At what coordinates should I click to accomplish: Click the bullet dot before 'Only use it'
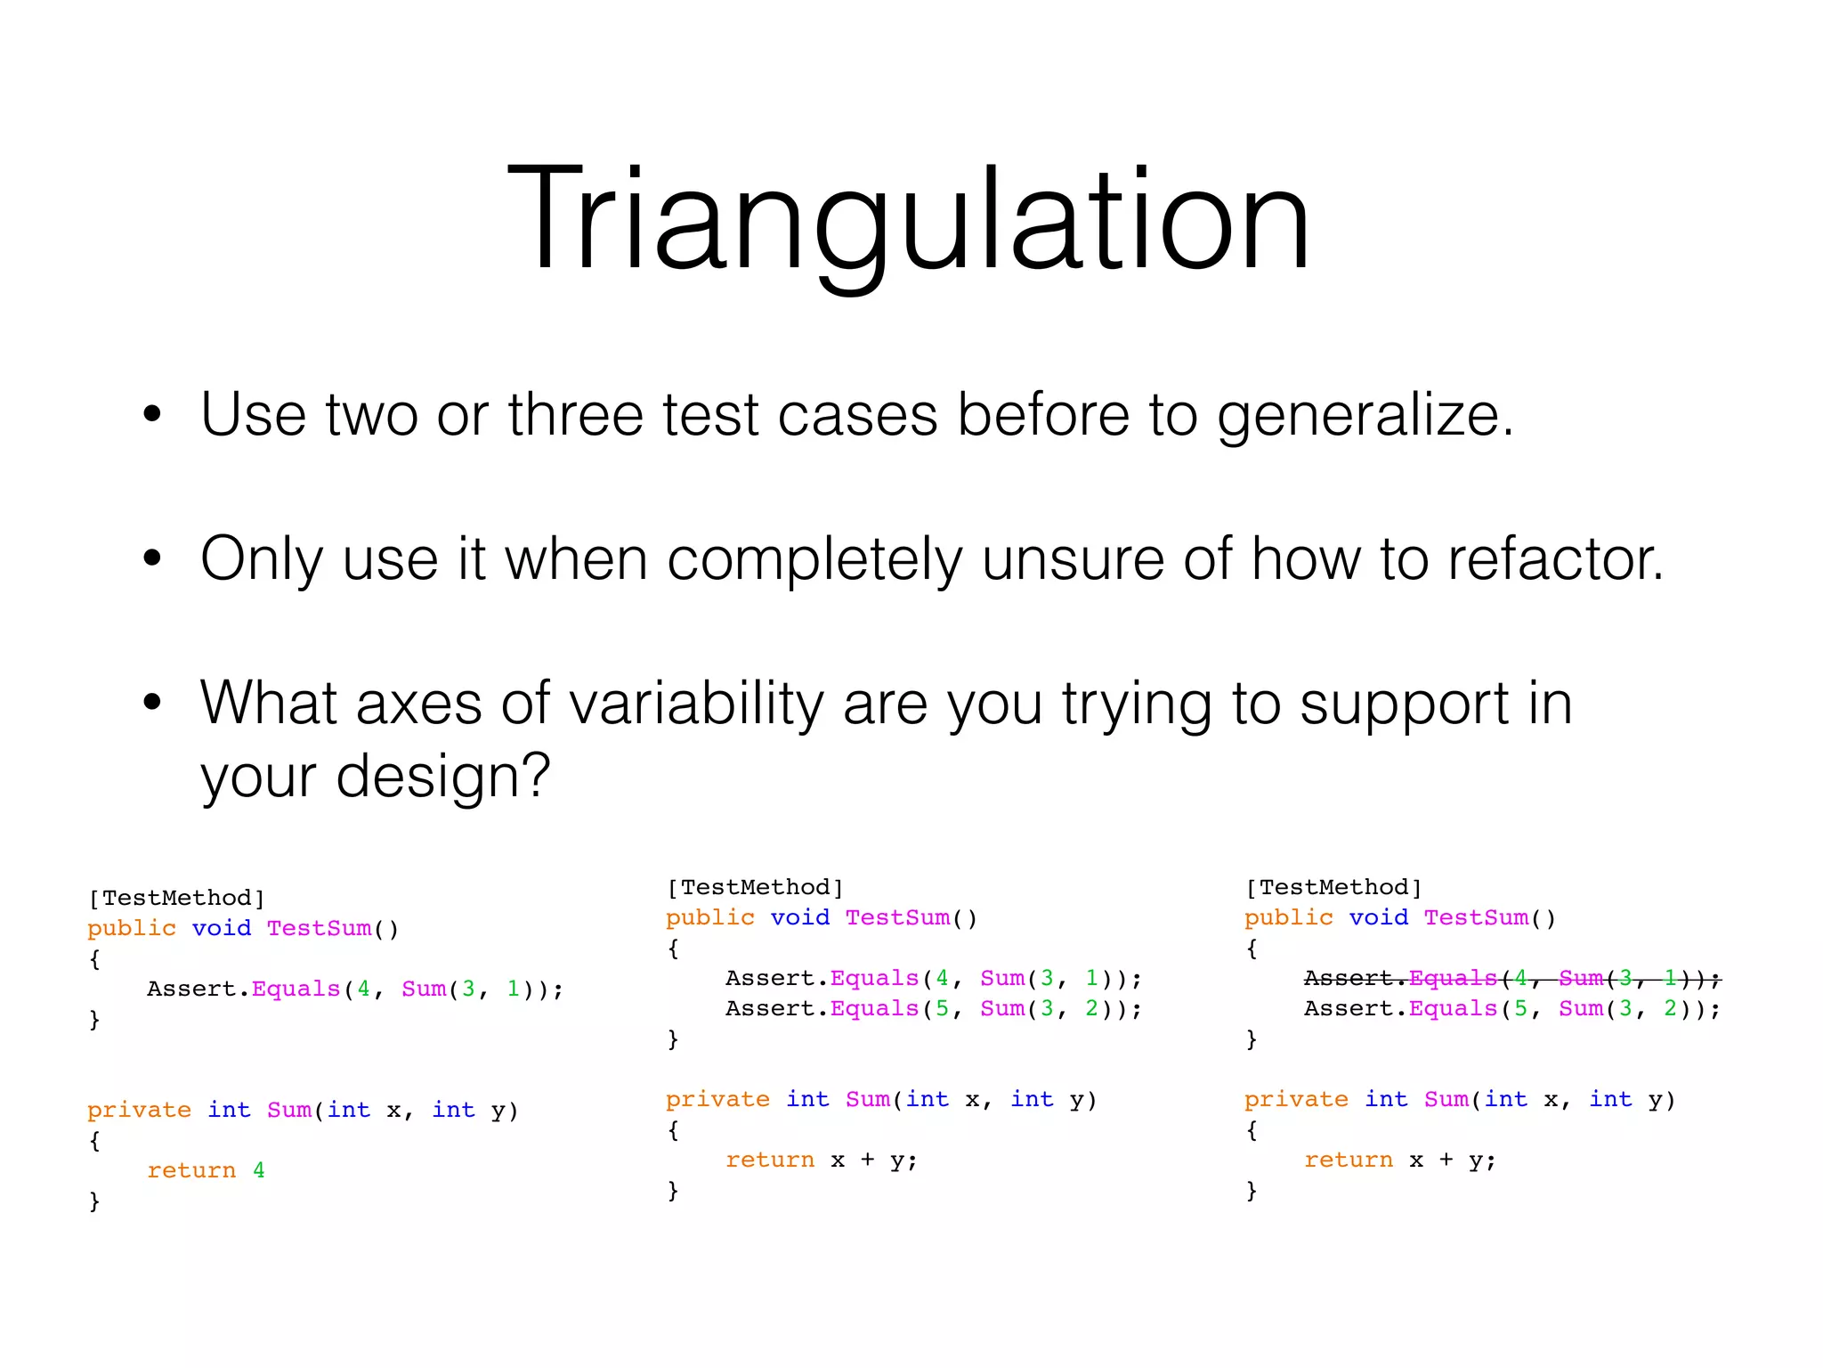152,558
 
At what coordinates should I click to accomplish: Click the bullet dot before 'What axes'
152,703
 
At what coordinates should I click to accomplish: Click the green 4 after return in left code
259,1170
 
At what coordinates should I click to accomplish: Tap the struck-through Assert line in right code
1511,979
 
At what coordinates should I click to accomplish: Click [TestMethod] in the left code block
176,898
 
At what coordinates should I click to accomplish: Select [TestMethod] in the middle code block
755,887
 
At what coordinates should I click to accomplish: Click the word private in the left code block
139,1110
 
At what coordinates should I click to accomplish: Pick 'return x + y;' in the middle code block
821,1160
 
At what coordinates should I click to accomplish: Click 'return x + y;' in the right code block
1399,1160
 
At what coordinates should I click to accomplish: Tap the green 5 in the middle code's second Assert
942,1008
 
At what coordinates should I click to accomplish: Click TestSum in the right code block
1475,917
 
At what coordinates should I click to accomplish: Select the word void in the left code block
221,928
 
